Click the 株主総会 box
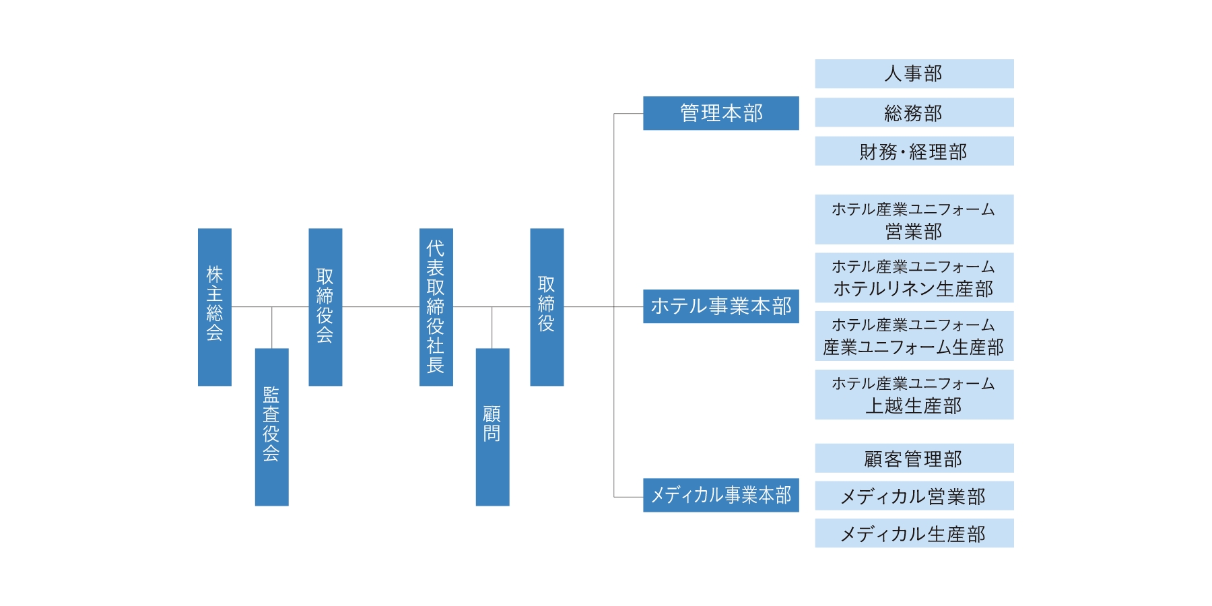pyautogui.click(x=215, y=307)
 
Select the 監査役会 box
pyautogui.click(x=271, y=427)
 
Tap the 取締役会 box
pyautogui.click(x=325, y=307)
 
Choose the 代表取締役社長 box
pyautogui.click(x=436, y=307)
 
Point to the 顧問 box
pyautogui.click(x=492, y=427)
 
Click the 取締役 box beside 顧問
pyautogui.click(x=547, y=307)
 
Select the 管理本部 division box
pyautogui.click(x=720, y=113)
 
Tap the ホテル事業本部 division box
pyautogui.click(x=720, y=306)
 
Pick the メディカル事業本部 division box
pyautogui.click(x=720, y=496)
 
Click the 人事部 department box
pyautogui.click(x=914, y=73)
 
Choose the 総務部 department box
pyautogui.click(x=914, y=112)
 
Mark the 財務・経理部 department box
pyautogui.click(x=914, y=151)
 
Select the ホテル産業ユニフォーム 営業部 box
pyautogui.click(x=914, y=220)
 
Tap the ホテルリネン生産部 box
pyautogui.click(x=914, y=277)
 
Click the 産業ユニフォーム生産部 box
pyautogui.click(x=914, y=336)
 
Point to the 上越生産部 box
pyautogui.click(x=914, y=395)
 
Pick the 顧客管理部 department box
pyautogui.click(x=914, y=459)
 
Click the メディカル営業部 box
pyautogui.click(x=914, y=496)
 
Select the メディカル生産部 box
pyautogui.click(x=914, y=533)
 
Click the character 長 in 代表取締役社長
pyautogui.click(x=436, y=365)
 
